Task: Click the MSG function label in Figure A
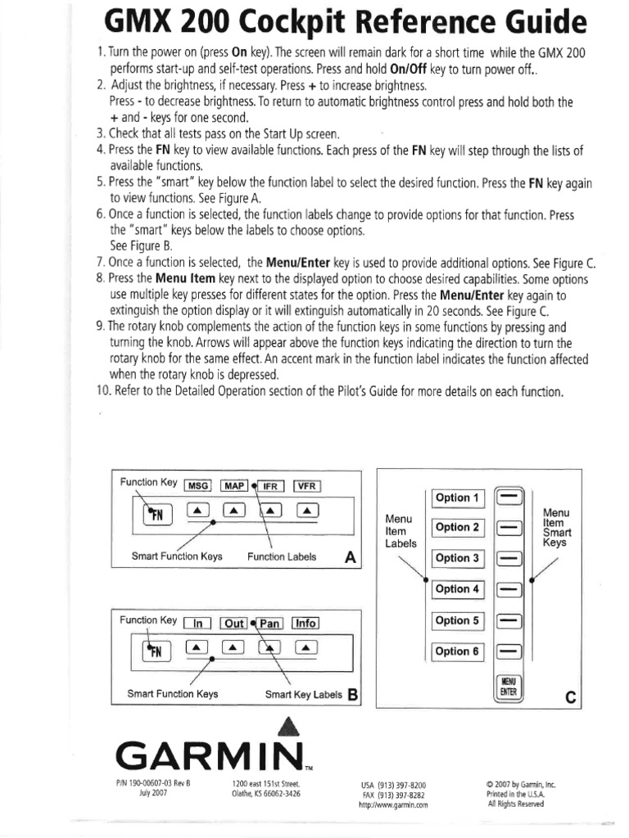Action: pos(198,485)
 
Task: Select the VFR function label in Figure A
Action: pos(306,485)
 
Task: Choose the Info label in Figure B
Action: pos(305,623)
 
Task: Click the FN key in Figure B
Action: pos(154,651)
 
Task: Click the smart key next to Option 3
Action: pos(509,558)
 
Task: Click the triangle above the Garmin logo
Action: pos(286,726)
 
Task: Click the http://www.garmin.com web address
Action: pos(393,805)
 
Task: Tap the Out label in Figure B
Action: pos(234,623)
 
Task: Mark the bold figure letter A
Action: pos(351,557)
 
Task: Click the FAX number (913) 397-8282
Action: pos(393,795)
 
